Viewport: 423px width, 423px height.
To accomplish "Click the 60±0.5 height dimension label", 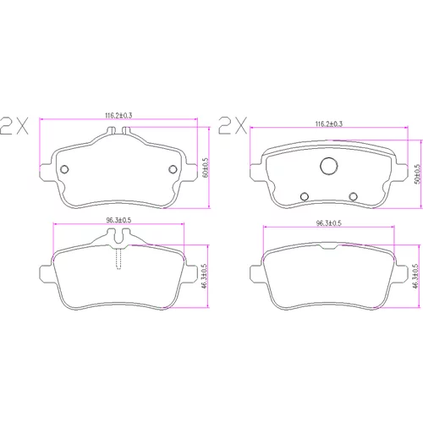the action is point(206,168).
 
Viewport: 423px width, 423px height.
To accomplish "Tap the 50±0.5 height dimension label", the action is point(417,174).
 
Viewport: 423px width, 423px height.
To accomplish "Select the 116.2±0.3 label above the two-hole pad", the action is point(118,115).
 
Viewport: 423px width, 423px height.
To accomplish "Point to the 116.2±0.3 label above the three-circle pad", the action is point(329,124).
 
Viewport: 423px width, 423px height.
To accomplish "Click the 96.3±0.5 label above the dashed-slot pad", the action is point(118,220).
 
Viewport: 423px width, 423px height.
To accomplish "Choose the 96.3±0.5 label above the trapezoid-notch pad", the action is point(329,223).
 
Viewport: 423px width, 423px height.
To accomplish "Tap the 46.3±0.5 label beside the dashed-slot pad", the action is point(205,276).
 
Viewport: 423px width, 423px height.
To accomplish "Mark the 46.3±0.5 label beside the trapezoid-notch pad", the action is point(415,276).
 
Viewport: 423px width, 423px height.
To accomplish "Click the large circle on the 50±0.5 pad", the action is point(329,166).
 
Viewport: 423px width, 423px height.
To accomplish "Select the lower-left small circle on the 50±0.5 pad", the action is point(305,196).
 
